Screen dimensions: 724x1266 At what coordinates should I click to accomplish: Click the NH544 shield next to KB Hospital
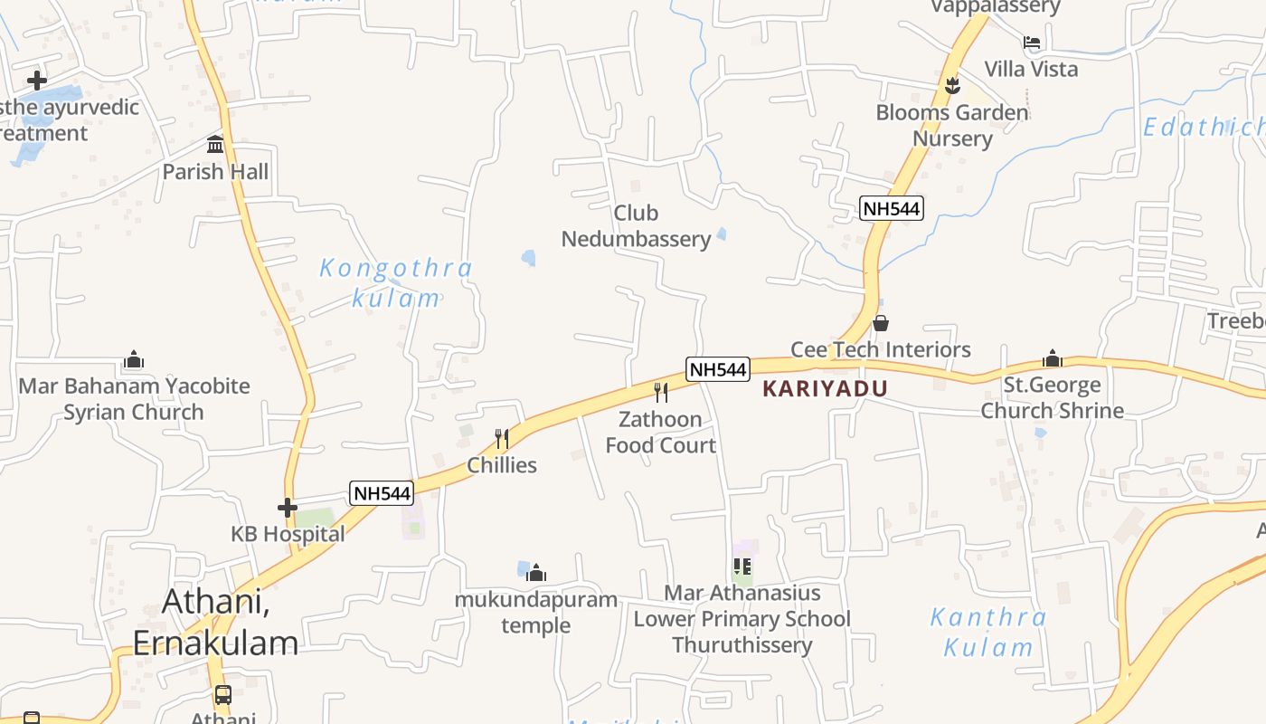coord(382,493)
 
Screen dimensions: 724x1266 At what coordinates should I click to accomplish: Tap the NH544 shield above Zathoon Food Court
coord(718,369)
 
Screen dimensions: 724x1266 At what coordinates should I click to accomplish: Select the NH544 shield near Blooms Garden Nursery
coord(891,208)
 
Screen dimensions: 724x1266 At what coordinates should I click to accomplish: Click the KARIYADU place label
coord(825,389)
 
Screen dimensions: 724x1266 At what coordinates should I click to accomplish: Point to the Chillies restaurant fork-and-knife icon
coord(503,439)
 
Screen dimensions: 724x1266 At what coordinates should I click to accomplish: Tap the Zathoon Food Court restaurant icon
coord(661,392)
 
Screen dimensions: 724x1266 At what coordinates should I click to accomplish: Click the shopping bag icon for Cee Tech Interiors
coord(881,323)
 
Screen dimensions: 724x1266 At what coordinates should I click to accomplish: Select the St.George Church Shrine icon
coord(1052,358)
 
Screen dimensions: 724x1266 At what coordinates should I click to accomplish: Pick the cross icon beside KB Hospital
coord(288,508)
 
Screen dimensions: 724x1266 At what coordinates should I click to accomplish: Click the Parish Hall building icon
coord(215,144)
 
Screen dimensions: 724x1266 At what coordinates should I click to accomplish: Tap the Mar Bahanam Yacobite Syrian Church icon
coord(134,360)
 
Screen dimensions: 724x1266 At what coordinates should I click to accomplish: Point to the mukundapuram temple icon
coord(536,573)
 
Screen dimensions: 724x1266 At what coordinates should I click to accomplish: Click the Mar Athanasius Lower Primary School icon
coord(742,567)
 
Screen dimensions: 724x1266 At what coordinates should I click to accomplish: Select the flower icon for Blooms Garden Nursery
coord(951,86)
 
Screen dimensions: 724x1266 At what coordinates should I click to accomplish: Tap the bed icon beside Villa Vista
coord(1031,42)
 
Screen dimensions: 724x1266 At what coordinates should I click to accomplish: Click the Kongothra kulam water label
coord(396,282)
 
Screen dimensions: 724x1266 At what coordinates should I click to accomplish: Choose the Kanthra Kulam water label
coord(988,633)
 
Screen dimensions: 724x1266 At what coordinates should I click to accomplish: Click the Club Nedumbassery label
coord(636,226)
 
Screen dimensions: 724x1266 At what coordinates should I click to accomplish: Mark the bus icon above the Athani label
coord(222,695)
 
